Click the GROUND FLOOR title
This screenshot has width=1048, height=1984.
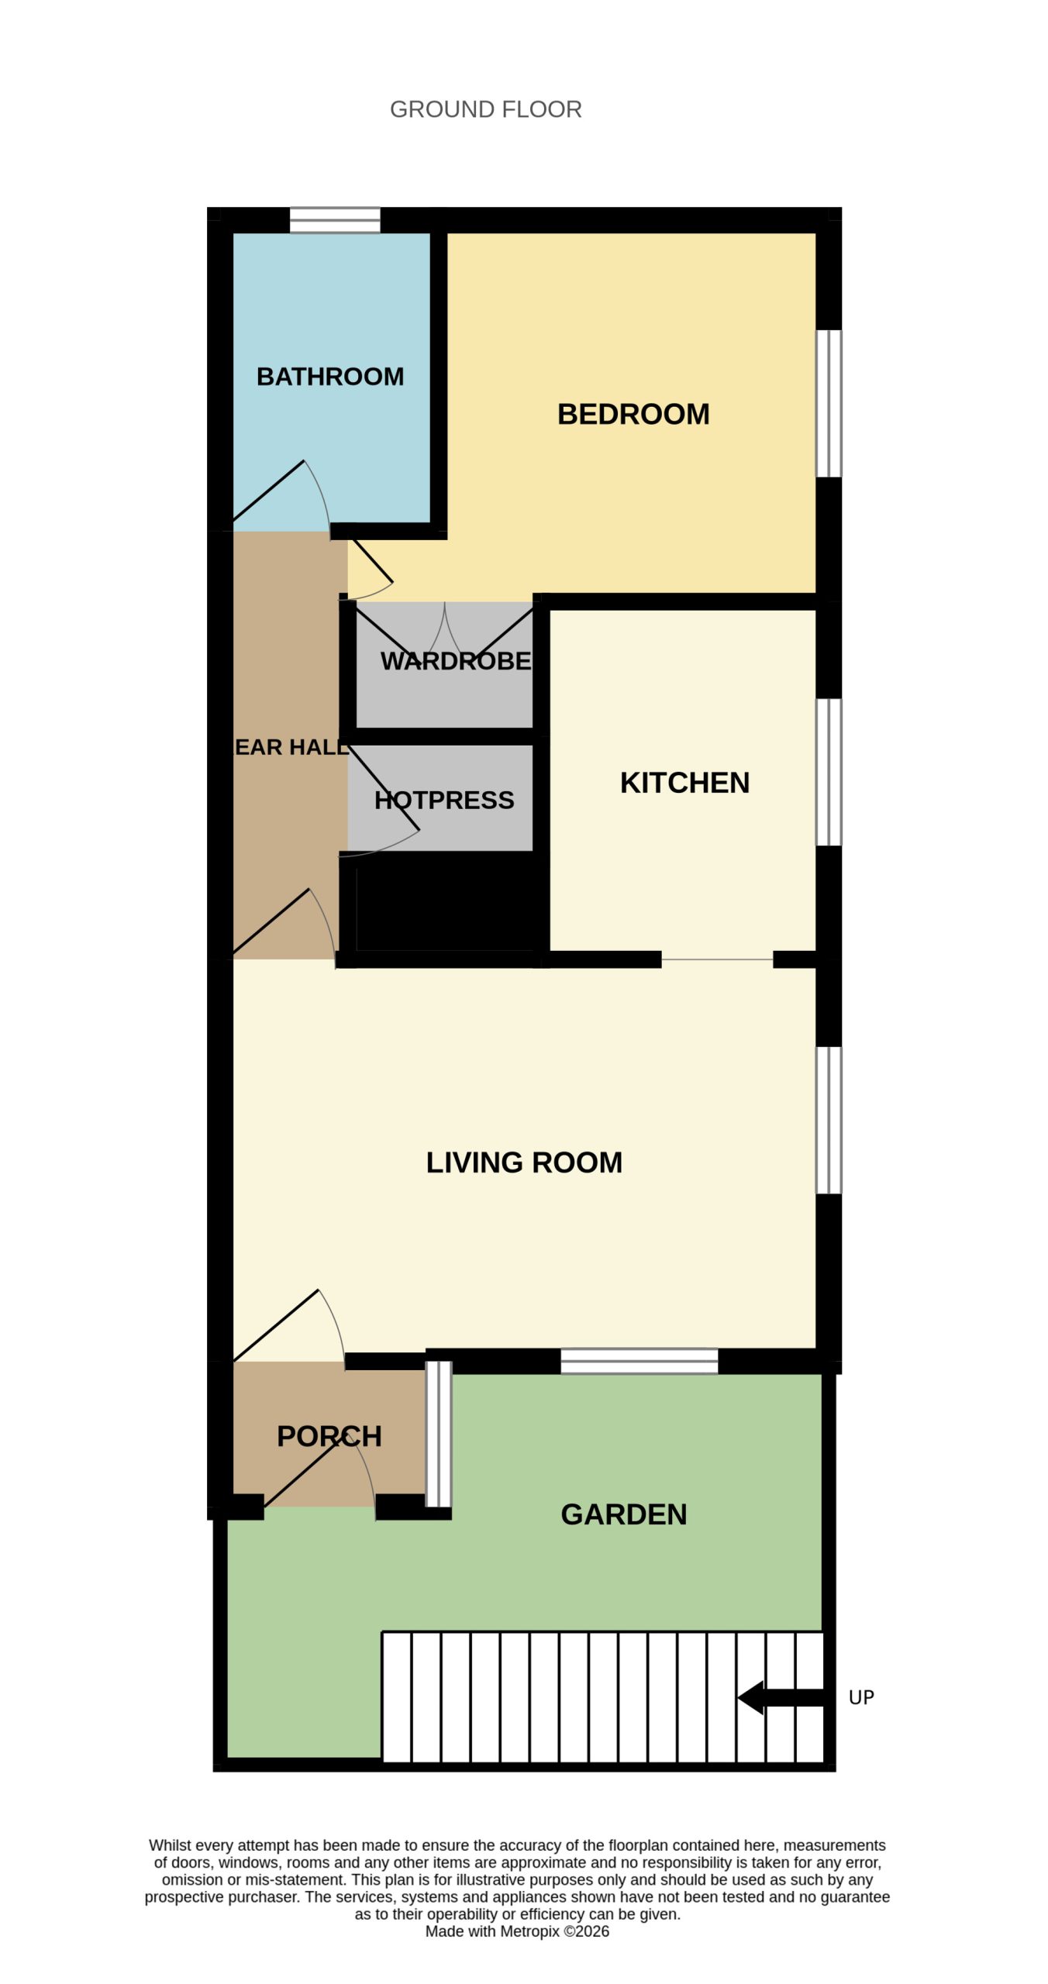coord(485,109)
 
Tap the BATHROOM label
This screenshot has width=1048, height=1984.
coord(330,377)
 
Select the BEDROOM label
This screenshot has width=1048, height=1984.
coord(633,414)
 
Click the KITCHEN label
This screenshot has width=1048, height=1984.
coord(684,783)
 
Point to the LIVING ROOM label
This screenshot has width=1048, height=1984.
coord(524,1162)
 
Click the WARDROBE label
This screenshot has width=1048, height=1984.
coord(456,661)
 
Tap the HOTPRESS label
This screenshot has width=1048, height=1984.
coord(444,800)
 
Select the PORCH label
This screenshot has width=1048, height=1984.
coord(329,1436)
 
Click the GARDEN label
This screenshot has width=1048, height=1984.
coord(624,1514)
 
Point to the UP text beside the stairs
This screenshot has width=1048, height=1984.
coord(861,1697)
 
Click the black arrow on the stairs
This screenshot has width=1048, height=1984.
coord(781,1697)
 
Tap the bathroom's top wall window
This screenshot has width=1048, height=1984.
coord(335,220)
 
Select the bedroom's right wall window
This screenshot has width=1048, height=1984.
coord(829,403)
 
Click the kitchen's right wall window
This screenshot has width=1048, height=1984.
coord(829,772)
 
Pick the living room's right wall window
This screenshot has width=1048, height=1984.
coord(829,1120)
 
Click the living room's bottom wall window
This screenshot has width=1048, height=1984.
coord(639,1361)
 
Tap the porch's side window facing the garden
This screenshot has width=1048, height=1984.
coord(439,1434)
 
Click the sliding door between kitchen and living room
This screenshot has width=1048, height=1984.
coord(717,959)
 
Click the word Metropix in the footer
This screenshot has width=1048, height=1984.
coord(529,1931)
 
